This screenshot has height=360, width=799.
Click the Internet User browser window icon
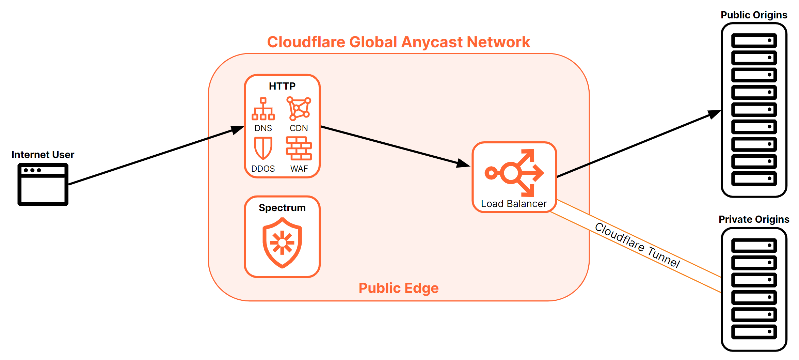[43, 184]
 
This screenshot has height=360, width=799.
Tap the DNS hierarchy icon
[263, 109]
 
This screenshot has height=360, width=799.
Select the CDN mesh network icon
[299, 109]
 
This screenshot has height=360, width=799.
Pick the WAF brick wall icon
[299, 148]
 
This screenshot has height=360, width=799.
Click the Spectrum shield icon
[282, 242]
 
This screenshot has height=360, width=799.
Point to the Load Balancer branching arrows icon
[514, 173]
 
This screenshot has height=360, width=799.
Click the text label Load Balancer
[514, 204]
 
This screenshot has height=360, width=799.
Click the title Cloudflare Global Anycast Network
[398, 42]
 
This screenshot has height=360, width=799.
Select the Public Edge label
[398, 288]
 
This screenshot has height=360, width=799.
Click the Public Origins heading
[754, 15]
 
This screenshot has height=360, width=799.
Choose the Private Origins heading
[754, 219]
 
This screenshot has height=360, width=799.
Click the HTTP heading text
[282, 86]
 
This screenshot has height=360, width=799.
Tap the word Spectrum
[282, 208]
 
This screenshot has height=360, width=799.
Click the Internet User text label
[43, 155]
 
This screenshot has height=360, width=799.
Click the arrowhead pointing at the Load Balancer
[463, 164]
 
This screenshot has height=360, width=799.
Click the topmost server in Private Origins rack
[754, 245]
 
